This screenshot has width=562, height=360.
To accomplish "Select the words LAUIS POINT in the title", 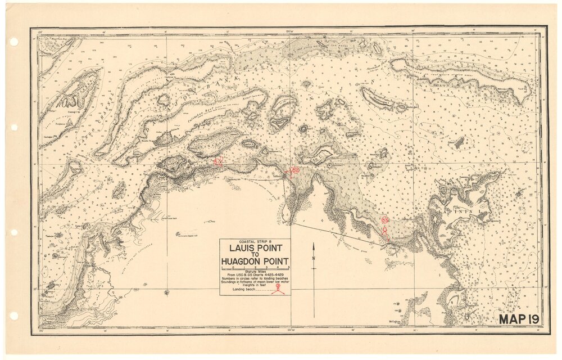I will (x=255, y=249).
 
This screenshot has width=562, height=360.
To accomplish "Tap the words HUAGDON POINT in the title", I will (x=255, y=261).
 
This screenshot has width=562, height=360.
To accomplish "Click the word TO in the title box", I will (x=255, y=255).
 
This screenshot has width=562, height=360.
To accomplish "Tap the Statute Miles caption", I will (x=255, y=271).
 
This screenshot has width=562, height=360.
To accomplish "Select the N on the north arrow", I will (x=314, y=259).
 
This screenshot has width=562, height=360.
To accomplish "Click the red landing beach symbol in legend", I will (x=278, y=290).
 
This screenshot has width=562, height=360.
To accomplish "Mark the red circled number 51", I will (x=218, y=162).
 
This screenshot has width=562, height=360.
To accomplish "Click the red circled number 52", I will (x=294, y=170).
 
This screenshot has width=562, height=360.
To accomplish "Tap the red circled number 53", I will (x=384, y=220).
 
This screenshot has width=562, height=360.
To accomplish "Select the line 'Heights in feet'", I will (x=255, y=285).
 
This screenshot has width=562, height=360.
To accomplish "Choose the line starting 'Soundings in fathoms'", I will (x=255, y=282).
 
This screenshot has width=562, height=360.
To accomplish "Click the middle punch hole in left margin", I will (x=14, y=128).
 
